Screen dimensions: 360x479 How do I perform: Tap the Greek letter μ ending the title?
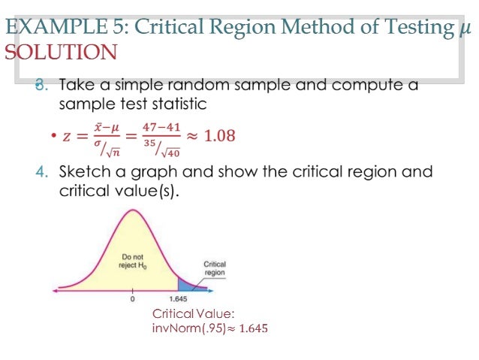point(465,29)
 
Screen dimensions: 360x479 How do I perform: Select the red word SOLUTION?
point(61,53)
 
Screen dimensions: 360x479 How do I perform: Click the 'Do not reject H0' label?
point(134,261)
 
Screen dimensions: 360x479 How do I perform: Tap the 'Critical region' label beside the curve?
point(215,268)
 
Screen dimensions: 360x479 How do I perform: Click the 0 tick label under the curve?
point(133,300)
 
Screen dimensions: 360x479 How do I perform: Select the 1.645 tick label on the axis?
point(179,300)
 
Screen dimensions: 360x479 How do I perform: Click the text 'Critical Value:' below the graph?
point(194,313)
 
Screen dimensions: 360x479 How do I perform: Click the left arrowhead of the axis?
point(54,290)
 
